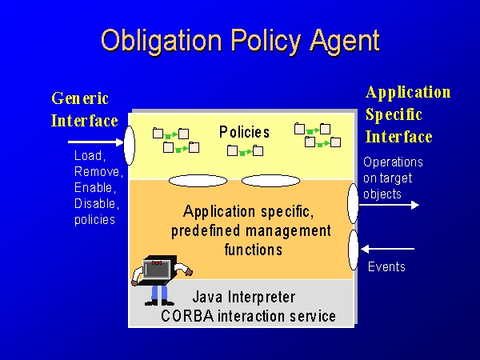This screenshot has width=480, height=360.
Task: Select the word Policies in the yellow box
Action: (x=244, y=132)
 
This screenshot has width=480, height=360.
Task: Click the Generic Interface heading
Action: (x=84, y=110)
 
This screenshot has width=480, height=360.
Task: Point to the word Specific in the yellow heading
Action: (x=394, y=115)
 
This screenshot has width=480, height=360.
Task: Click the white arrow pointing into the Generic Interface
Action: (x=96, y=142)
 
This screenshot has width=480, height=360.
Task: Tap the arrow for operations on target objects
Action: (x=389, y=205)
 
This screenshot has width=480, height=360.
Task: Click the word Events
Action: (x=386, y=267)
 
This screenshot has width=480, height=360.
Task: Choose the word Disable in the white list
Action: (x=96, y=203)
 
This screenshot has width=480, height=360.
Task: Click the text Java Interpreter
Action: (x=244, y=297)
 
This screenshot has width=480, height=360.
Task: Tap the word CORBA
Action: (x=187, y=316)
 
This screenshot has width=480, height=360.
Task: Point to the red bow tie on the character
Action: (x=157, y=262)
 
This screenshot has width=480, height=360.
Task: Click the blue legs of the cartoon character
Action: (x=159, y=293)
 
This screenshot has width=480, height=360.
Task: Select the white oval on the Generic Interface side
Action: (x=129, y=146)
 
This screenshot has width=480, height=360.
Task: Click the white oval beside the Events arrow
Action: (x=354, y=250)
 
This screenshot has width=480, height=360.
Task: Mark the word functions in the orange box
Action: (x=253, y=250)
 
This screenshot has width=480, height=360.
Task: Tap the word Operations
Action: (x=393, y=162)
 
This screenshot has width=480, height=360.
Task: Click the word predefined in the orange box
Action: (x=206, y=231)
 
